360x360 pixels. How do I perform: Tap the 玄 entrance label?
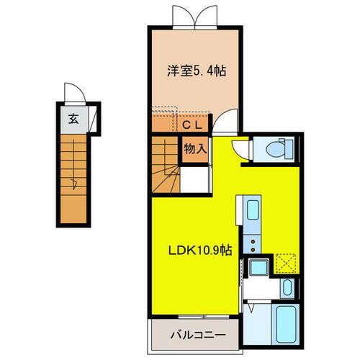point(73,120)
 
